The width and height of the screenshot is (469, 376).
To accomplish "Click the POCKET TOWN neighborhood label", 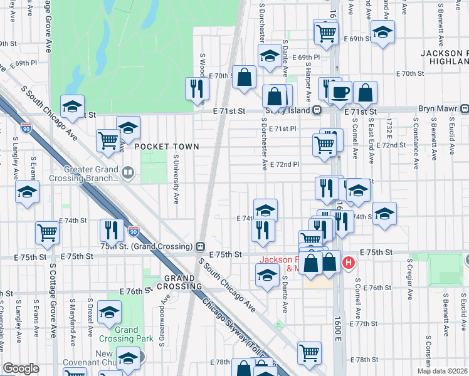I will pyautogui.click(x=166, y=147).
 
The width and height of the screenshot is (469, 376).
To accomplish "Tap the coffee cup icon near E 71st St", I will pyautogui.click(x=341, y=93).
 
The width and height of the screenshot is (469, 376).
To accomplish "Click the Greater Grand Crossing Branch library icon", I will pyautogui.click(x=128, y=172).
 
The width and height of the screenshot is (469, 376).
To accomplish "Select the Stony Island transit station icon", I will pyautogui.click(x=317, y=110).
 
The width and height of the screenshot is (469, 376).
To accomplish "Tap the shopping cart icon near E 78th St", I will pyautogui.click(x=309, y=353).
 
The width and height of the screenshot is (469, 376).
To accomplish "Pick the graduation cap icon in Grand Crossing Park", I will pyautogui.click(x=110, y=312).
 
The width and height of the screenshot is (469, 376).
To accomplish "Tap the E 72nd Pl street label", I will pyautogui.click(x=285, y=164).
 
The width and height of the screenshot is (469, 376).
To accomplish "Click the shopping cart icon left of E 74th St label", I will pyautogui.click(x=47, y=232).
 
